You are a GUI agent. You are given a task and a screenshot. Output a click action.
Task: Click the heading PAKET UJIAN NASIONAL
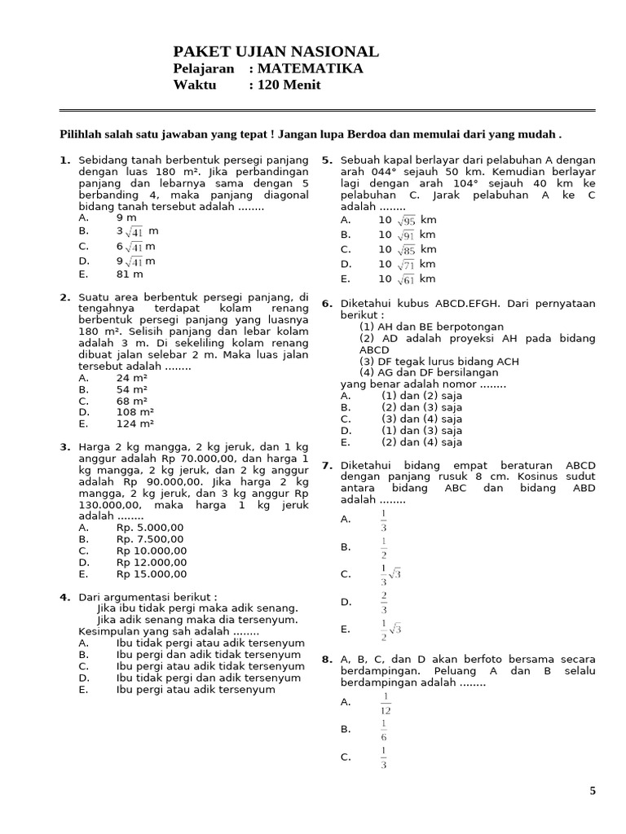(x=276, y=51)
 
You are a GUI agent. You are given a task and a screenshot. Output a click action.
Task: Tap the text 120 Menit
(x=289, y=85)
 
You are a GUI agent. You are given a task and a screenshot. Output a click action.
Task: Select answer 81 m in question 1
(x=130, y=274)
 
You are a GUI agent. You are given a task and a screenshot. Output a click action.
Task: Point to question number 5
(x=326, y=160)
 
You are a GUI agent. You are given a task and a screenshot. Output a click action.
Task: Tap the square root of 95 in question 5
(x=406, y=221)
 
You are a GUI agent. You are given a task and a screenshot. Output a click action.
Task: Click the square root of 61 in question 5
(x=406, y=279)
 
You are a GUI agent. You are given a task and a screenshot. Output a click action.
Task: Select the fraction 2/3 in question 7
(x=384, y=602)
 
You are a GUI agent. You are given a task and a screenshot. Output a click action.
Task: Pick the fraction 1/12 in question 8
(x=385, y=701)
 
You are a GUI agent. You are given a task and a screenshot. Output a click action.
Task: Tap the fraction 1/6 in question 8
(x=384, y=729)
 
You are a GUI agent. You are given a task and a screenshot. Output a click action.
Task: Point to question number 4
(x=64, y=597)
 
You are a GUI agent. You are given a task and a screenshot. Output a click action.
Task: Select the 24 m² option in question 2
(x=132, y=379)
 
